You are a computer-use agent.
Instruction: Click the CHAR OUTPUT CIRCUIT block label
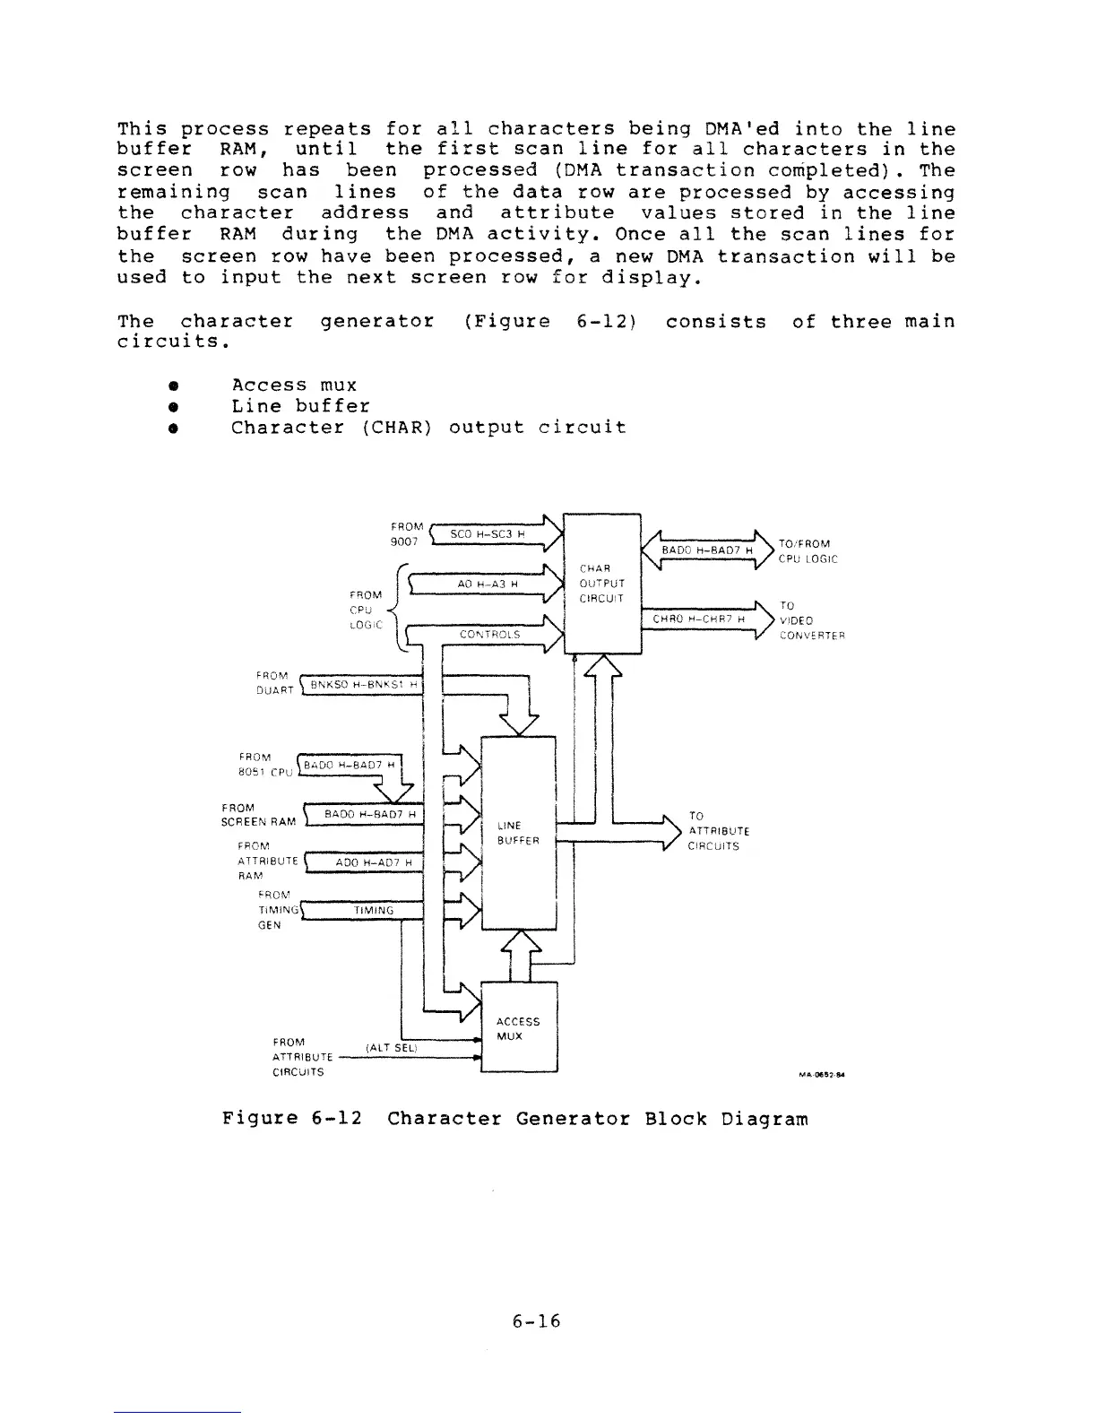(596, 583)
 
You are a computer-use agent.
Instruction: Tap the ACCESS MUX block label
(518, 1029)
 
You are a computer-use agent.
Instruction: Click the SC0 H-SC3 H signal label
(487, 534)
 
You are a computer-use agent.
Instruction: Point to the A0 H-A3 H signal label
(487, 584)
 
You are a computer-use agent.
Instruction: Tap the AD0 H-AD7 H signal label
(374, 862)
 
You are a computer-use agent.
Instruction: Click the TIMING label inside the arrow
(374, 911)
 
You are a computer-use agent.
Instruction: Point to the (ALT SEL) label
(393, 1047)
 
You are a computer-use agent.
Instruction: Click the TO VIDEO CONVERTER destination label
(812, 620)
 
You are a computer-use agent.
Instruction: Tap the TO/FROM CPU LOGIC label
(808, 551)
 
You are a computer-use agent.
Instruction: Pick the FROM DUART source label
(274, 683)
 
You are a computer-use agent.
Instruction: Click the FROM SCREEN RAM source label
(258, 814)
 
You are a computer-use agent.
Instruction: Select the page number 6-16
(536, 1320)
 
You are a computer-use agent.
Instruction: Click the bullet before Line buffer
(170, 406)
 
